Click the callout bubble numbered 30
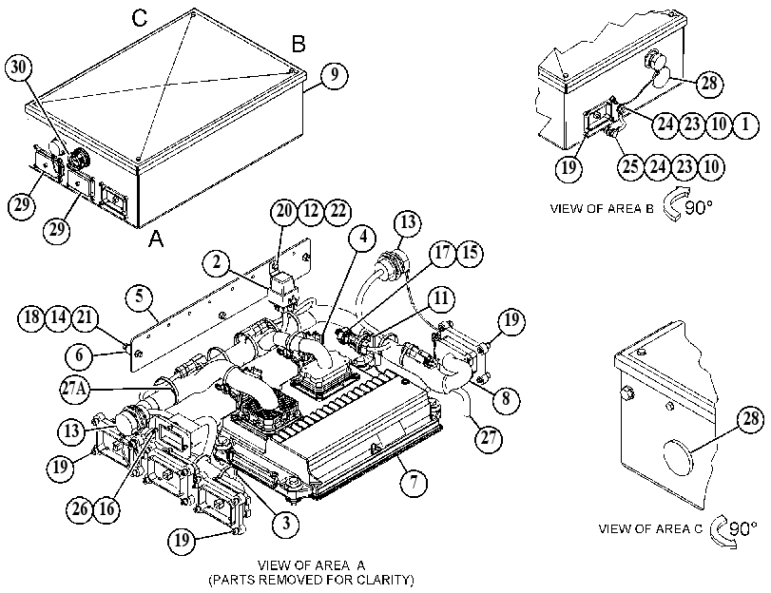coord(19,67)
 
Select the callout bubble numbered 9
coord(335,75)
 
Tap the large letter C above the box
coord(140,18)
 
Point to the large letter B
coord(299,45)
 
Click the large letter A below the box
coord(156,239)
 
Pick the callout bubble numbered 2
coord(217,263)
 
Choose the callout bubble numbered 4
coord(362,238)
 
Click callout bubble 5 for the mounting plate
coord(140,297)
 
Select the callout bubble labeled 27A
coord(75,390)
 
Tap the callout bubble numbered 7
coord(414,482)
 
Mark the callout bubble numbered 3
coord(286,524)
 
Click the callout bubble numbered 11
coord(441,298)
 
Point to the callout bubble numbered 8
coord(506,398)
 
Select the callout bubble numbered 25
coord(631,167)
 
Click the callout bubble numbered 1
coord(745,124)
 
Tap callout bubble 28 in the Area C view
coord(751,419)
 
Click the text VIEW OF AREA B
coord(602,208)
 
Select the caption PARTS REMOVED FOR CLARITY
coord(311,581)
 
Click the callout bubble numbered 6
coord(80,355)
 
